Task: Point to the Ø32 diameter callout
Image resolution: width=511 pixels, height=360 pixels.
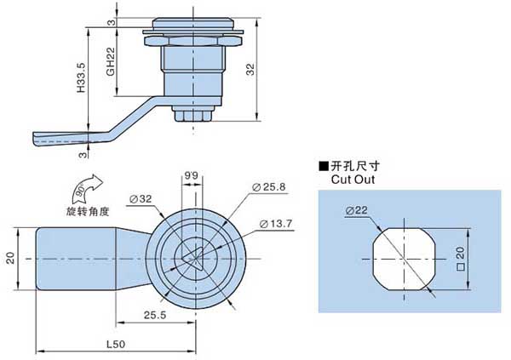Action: click(x=140, y=199)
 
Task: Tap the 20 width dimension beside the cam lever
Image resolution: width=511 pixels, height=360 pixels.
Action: click(x=11, y=258)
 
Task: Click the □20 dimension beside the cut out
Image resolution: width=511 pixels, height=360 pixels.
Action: click(x=461, y=255)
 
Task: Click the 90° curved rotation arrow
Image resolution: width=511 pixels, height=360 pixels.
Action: click(x=85, y=187)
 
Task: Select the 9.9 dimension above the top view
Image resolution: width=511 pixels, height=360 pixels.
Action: click(x=192, y=177)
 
